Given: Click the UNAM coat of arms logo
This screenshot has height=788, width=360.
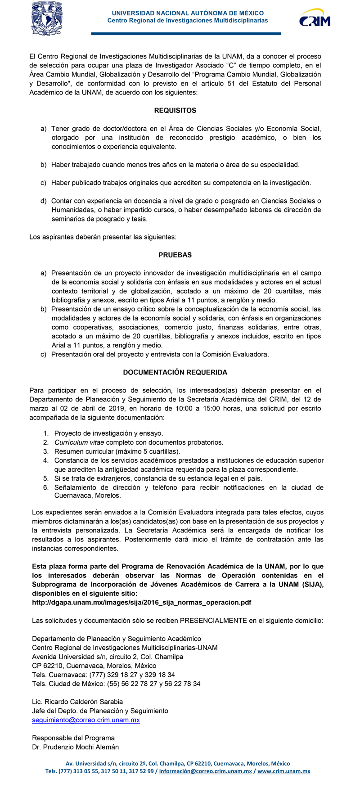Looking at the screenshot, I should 47,18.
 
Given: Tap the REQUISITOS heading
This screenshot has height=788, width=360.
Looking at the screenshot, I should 175,110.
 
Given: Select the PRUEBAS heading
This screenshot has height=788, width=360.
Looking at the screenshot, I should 175,255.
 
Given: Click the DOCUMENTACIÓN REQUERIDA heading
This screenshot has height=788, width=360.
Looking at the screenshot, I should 175,372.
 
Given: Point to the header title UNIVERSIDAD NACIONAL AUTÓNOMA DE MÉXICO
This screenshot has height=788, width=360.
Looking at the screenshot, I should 188,13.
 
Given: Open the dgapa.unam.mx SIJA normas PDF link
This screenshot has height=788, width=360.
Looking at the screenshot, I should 141,602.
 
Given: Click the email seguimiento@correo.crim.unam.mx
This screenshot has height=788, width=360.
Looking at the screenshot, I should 86,720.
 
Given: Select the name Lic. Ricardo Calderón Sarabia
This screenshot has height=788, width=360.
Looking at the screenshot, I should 77,702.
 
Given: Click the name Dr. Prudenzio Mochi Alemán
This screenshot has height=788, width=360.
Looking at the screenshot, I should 76,747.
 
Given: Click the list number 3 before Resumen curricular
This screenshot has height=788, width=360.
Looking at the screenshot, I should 46,451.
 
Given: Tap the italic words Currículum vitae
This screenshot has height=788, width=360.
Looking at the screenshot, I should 79,442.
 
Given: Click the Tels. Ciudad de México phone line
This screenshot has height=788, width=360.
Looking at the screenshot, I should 116,684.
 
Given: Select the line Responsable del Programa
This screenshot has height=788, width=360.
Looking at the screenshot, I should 73,738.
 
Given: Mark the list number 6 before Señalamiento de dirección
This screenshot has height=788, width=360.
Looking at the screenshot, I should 46,487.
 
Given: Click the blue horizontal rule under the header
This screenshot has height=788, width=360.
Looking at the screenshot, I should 186,34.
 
